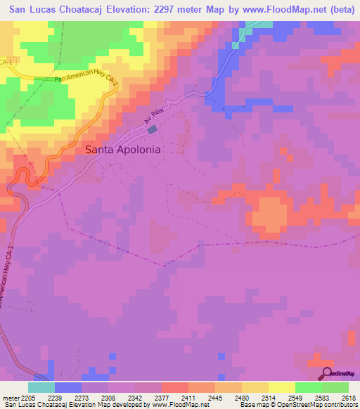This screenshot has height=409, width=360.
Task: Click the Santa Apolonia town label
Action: coord(122,150)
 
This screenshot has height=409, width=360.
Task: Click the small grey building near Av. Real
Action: coord(152,130)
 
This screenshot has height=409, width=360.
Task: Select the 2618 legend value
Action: coord(349,397)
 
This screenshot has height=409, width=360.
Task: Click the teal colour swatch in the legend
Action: coord(41,387)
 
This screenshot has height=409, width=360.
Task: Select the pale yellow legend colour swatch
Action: coord(282,387)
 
